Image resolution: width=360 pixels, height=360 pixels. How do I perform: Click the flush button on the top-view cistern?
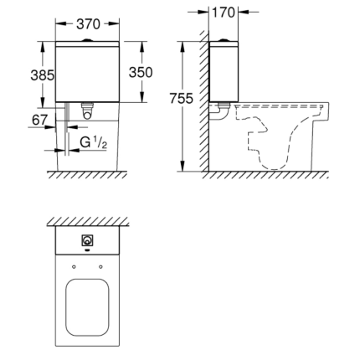(87, 242)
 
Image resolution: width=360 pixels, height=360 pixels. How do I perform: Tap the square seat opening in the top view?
(87, 306)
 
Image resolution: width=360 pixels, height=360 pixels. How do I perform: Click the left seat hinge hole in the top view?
(74, 266)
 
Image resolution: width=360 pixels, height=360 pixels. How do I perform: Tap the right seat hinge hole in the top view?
(101, 266)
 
